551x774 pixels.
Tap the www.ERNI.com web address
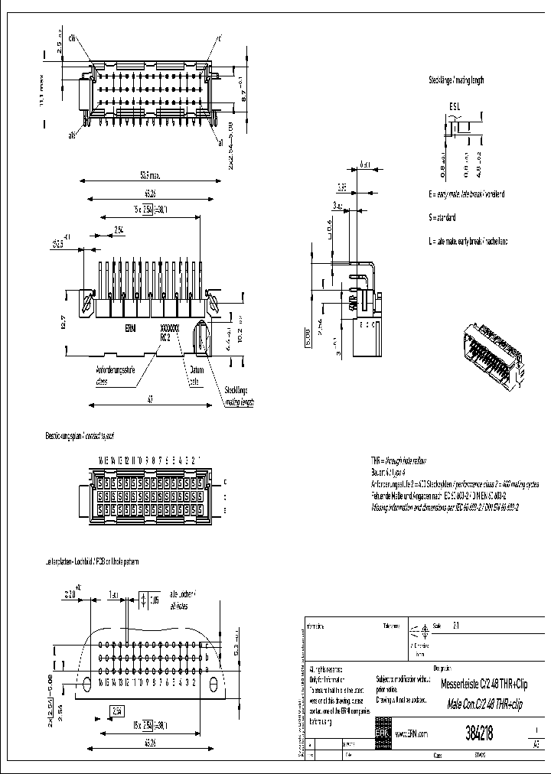(x=412, y=734)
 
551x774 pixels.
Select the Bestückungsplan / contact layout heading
(x=80, y=436)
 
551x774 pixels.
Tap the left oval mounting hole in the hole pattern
(x=86, y=682)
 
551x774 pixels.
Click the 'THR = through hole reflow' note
(x=399, y=461)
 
